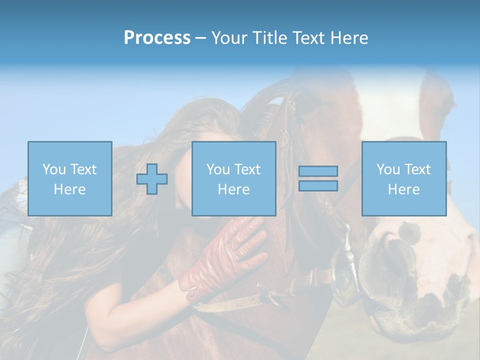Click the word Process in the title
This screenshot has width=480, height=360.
click(x=157, y=38)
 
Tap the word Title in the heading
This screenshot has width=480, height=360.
click(x=269, y=38)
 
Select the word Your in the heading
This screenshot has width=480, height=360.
click(x=230, y=38)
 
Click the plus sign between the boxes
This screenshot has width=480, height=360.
click(x=152, y=179)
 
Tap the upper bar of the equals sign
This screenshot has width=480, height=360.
click(x=318, y=171)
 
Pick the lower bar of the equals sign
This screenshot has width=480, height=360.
click(x=318, y=186)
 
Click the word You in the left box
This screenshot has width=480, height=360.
click(x=53, y=169)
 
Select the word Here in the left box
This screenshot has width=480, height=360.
click(x=69, y=189)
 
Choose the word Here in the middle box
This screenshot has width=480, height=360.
click(x=233, y=189)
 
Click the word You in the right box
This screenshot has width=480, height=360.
click(x=388, y=169)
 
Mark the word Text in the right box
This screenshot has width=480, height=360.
click(x=418, y=169)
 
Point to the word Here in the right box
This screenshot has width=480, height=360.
click(x=403, y=189)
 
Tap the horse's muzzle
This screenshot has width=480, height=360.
click(x=415, y=270)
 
